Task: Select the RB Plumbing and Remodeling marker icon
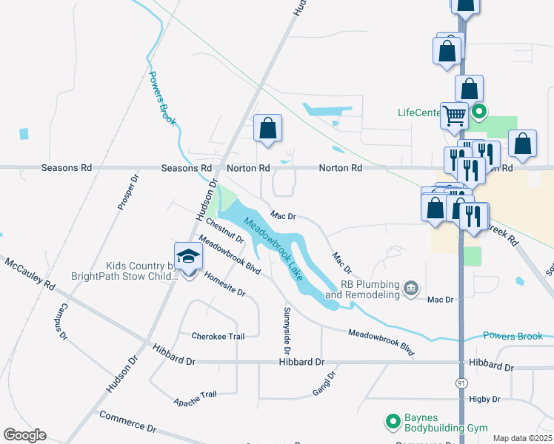(x=411, y=287)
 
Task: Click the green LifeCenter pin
(x=478, y=113)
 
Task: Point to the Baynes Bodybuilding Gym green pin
(x=393, y=422)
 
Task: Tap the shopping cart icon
(x=454, y=115)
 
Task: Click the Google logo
(x=24, y=435)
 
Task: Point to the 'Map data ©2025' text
(x=522, y=438)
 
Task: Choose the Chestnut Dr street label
(x=225, y=230)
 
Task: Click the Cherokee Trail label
(x=218, y=336)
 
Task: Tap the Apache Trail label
(x=195, y=398)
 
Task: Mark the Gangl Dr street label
(x=324, y=384)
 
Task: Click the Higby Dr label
(x=485, y=399)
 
